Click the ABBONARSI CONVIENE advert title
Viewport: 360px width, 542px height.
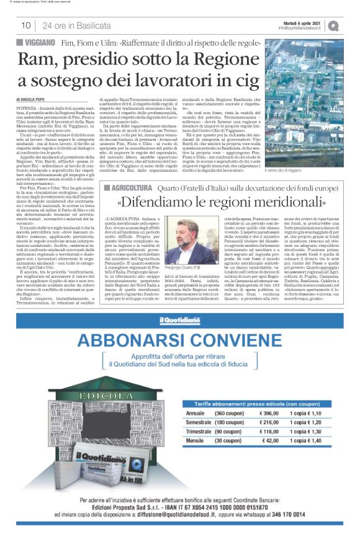point(180,342)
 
